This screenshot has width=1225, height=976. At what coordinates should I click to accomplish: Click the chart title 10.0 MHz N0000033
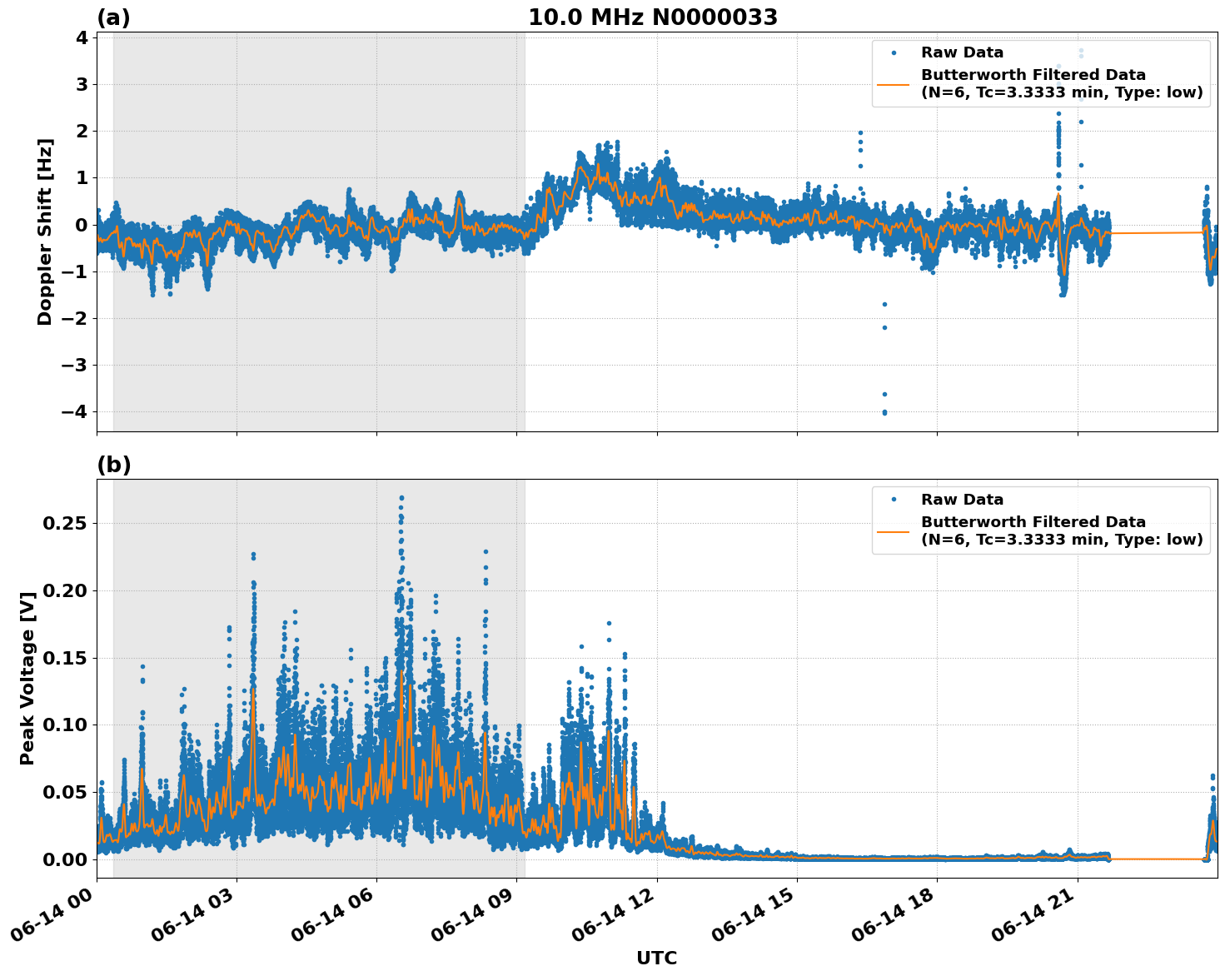[x=653, y=17]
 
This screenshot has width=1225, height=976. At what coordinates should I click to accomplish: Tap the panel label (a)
[x=113, y=17]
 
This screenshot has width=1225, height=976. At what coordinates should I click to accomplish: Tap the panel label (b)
[x=113, y=465]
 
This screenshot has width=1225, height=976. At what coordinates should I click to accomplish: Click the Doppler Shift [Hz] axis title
[x=45, y=232]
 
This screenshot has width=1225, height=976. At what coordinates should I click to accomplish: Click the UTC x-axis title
[x=656, y=958]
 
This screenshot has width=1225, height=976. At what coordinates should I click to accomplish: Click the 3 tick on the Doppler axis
[x=82, y=84]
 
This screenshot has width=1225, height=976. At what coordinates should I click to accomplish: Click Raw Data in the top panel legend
[x=962, y=53]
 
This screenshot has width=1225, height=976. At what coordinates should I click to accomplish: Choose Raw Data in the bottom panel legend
[x=962, y=500]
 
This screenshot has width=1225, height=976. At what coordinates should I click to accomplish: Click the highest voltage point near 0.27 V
[x=401, y=498]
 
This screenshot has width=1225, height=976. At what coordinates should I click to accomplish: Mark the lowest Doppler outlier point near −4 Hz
[x=884, y=412]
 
